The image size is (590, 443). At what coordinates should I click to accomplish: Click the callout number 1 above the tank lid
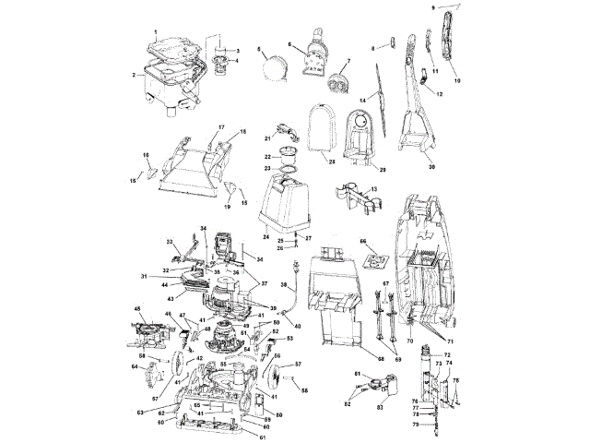click(x=156, y=32)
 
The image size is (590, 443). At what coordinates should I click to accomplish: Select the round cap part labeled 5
click(x=275, y=69)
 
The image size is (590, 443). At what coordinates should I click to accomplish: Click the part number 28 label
click(x=329, y=162)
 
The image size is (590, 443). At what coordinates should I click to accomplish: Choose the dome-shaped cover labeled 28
click(x=320, y=129)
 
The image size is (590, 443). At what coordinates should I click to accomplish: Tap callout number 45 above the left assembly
click(x=138, y=309)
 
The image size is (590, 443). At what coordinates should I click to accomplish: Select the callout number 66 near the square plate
click(x=363, y=241)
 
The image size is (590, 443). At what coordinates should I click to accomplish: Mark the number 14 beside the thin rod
click(x=363, y=100)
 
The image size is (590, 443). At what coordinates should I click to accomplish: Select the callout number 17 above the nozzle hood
click(x=195, y=126)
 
